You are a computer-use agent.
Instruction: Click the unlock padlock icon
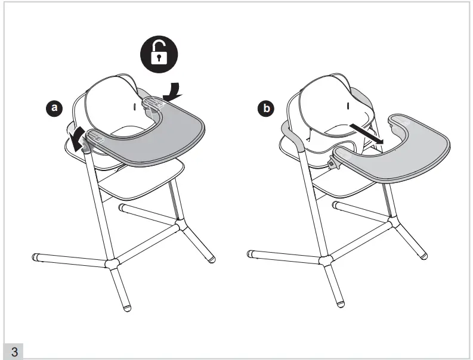[159, 54]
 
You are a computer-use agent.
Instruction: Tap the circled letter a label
[54, 108]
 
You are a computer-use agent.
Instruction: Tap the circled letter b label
[266, 108]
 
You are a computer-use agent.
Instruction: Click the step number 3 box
[13, 351]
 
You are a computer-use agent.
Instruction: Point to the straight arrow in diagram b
[366, 134]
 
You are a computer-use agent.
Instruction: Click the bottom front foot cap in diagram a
[127, 308]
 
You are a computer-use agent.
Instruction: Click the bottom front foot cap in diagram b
[341, 304]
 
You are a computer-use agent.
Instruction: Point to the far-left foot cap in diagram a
[36, 257]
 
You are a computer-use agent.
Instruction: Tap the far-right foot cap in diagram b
[424, 256]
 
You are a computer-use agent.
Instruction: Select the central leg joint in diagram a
[112, 264]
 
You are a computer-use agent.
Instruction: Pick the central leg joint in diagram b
[326, 260]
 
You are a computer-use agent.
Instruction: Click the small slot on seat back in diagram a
[134, 107]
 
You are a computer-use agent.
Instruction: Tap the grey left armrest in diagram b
[292, 136]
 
